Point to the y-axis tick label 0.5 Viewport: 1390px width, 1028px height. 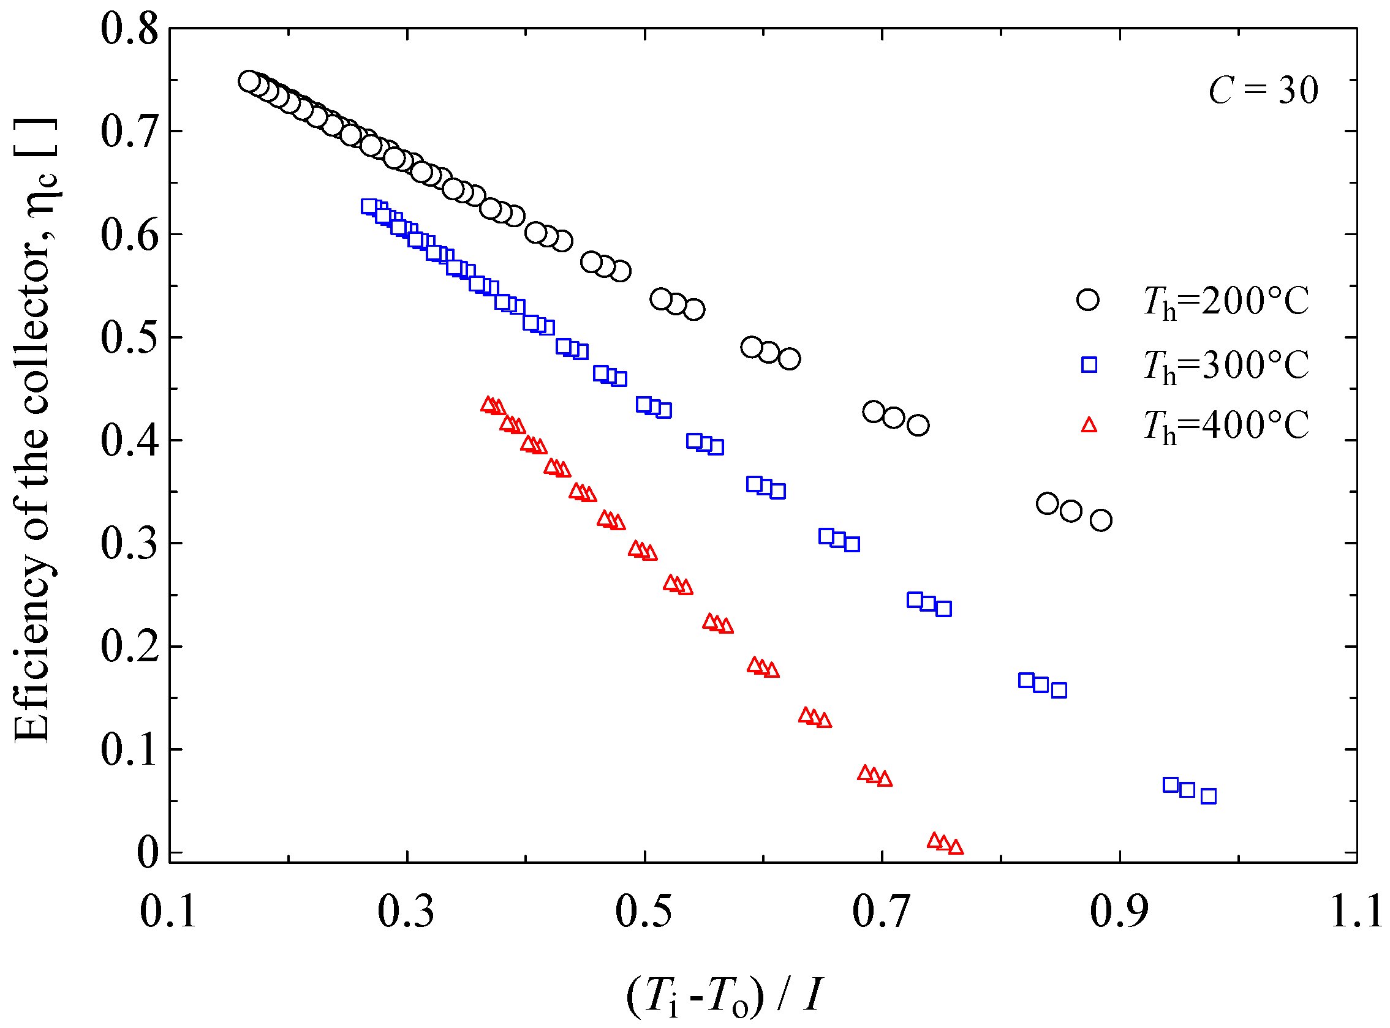click(129, 338)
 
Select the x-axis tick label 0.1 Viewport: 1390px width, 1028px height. click(168, 913)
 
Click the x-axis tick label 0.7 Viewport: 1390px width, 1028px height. click(882, 913)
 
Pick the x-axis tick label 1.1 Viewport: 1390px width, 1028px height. click(1357, 913)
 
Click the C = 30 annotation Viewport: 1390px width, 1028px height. click(1263, 91)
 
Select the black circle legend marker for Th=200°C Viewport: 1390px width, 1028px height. click(1088, 300)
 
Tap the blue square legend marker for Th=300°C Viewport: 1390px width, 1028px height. click(1089, 365)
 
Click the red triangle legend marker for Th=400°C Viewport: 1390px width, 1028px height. click(1089, 426)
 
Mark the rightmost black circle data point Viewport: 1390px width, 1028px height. click(1101, 520)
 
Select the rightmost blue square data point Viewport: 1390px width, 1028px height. click(1209, 797)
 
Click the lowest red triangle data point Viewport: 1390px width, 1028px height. click(956, 847)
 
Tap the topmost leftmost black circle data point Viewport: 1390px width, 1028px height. click(249, 81)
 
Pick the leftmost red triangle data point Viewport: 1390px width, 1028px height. click(489, 405)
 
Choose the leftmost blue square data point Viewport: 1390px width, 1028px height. click(369, 206)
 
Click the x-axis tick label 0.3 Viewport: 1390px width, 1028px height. click(406, 913)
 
